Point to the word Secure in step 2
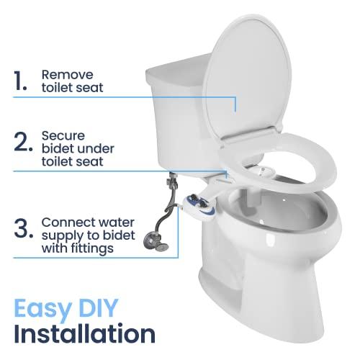click(60, 135)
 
